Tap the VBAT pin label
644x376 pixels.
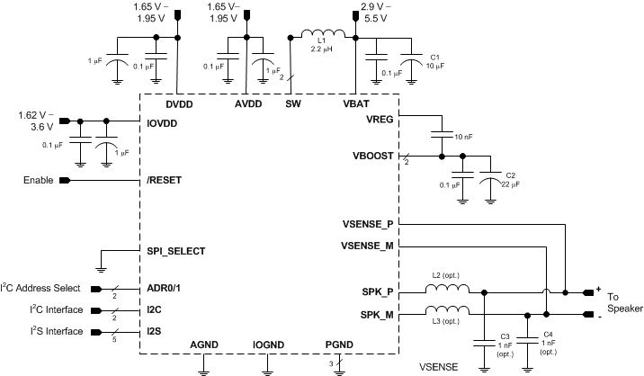coord(356,104)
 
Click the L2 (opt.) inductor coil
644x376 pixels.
coord(446,290)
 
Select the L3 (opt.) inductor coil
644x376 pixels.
coord(446,312)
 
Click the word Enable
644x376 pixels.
coord(39,180)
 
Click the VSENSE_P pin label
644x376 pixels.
coord(368,222)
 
